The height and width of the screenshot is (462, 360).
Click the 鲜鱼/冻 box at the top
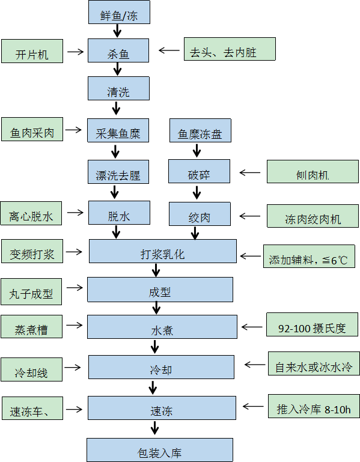pyautogui.click(x=119, y=12)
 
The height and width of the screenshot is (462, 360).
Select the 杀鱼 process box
pyautogui.click(x=118, y=50)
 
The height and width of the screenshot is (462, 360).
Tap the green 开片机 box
pyautogui.click(x=32, y=51)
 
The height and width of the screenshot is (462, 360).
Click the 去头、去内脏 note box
pyautogui.click(x=230, y=49)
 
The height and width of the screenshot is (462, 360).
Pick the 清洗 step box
pyautogui.click(x=118, y=88)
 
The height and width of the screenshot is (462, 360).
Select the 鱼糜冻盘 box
pyautogui.click(x=200, y=130)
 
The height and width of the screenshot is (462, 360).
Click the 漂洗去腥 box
pyautogui.click(x=118, y=172)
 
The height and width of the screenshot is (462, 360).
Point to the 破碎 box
pyautogui.click(x=199, y=171)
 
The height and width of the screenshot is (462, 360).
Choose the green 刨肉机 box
pyautogui.click(x=313, y=171)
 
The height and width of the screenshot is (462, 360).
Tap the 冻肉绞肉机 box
pyautogui.click(x=313, y=216)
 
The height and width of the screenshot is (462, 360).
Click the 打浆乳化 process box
pyautogui.click(x=163, y=251)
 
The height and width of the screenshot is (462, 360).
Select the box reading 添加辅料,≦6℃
pyautogui.click(x=309, y=256)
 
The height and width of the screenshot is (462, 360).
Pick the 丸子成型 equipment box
pyautogui.click(x=31, y=291)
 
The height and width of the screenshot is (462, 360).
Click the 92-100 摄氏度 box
pyautogui.click(x=313, y=324)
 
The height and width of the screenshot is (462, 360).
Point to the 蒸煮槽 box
pyautogui.click(x=31, y=326)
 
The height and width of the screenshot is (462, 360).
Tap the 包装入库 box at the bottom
pyautogui.click(x=160, y=450)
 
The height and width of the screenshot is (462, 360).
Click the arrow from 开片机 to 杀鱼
pyautogui.click(x=76, y=52)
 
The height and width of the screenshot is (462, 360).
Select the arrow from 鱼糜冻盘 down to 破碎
pyautogui.click(x=197, y=150)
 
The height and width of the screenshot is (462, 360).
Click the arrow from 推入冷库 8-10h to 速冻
pyautogui.click(x=253, y=406)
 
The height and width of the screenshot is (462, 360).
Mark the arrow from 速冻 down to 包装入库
pyautogui.click(x=154, y=428)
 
